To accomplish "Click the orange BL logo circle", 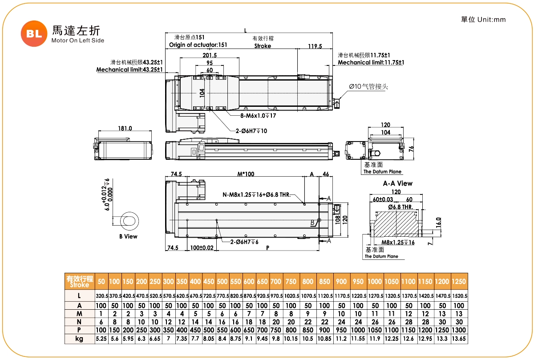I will (x=34, y=33).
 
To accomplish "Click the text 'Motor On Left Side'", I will (x=78, y=40).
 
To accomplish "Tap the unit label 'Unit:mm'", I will (x=492, y=20).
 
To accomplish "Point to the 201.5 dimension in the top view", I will (x=209, y=55).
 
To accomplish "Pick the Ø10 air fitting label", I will (x=368, y=86).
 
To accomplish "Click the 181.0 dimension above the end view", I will (x=125, y=128).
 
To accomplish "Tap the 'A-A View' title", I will (x=397, y=183).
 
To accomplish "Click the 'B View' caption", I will (x=128, y=236).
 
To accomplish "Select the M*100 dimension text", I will (x=245, y=174).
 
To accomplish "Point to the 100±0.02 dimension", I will (x=202, y=247).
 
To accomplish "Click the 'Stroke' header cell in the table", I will (x=80, y=282).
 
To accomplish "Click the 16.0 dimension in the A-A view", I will (x=438, y=221).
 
